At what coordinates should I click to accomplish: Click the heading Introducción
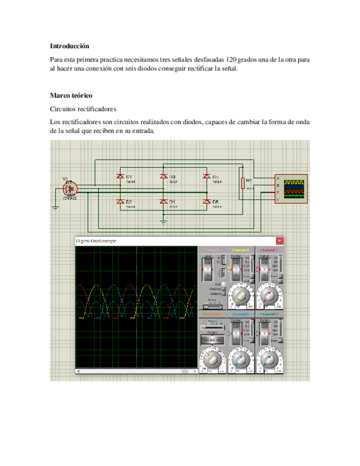click(x=69, y=46)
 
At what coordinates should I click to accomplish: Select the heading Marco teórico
click(x=71, y=95)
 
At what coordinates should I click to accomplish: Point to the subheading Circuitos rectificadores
click(x=83, y=109)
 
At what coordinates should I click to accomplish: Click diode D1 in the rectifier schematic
click(x=120, y=176)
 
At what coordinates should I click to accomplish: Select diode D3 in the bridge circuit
click(x=163, y=176)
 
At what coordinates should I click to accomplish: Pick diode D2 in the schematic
click(x=120, y=202)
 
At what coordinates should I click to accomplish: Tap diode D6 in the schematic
click(x=207, y=202)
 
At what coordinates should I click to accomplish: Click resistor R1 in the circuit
click(x=242, y=183)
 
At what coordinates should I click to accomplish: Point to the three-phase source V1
click(x=70, y=188)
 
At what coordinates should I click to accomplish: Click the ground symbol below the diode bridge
click(x=163, y=221)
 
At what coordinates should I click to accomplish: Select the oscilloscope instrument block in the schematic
click(x=291, y=189)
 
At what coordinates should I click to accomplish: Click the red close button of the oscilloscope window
click(x=280, y=241)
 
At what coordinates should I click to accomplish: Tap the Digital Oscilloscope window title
click(x=96, y=241)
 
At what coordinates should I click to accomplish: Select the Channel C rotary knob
click(x=269, y=295)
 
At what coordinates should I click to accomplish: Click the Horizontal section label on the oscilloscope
click(x=212, y=314)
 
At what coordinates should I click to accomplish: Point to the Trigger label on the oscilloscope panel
click(x=212, y=250)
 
